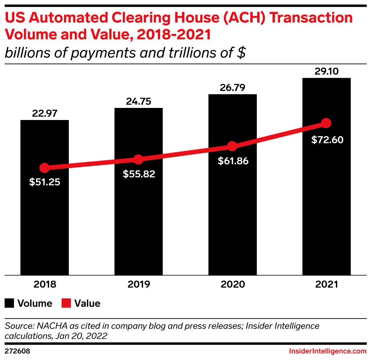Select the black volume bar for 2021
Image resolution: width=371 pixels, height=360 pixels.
[326, 209]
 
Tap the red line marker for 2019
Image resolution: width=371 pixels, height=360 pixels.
[138, 159]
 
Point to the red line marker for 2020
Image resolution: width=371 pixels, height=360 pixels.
[232, 146]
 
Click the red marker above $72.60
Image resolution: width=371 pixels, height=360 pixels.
[326, 123]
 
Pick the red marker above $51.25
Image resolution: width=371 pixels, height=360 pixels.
[44, 168]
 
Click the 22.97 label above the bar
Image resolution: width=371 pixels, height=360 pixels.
[44, 114]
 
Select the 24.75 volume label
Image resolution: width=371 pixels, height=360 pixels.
[138, 101]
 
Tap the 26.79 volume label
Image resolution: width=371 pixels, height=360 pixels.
[232, 88]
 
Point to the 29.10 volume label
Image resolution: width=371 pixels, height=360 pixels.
[326, 71]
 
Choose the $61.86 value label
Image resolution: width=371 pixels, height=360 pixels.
[233, 161]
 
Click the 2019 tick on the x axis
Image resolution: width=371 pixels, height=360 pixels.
[138, 285]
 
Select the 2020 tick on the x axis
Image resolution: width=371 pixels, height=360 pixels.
[232, 285]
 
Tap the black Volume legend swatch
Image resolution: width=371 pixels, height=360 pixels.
[9, 303]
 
